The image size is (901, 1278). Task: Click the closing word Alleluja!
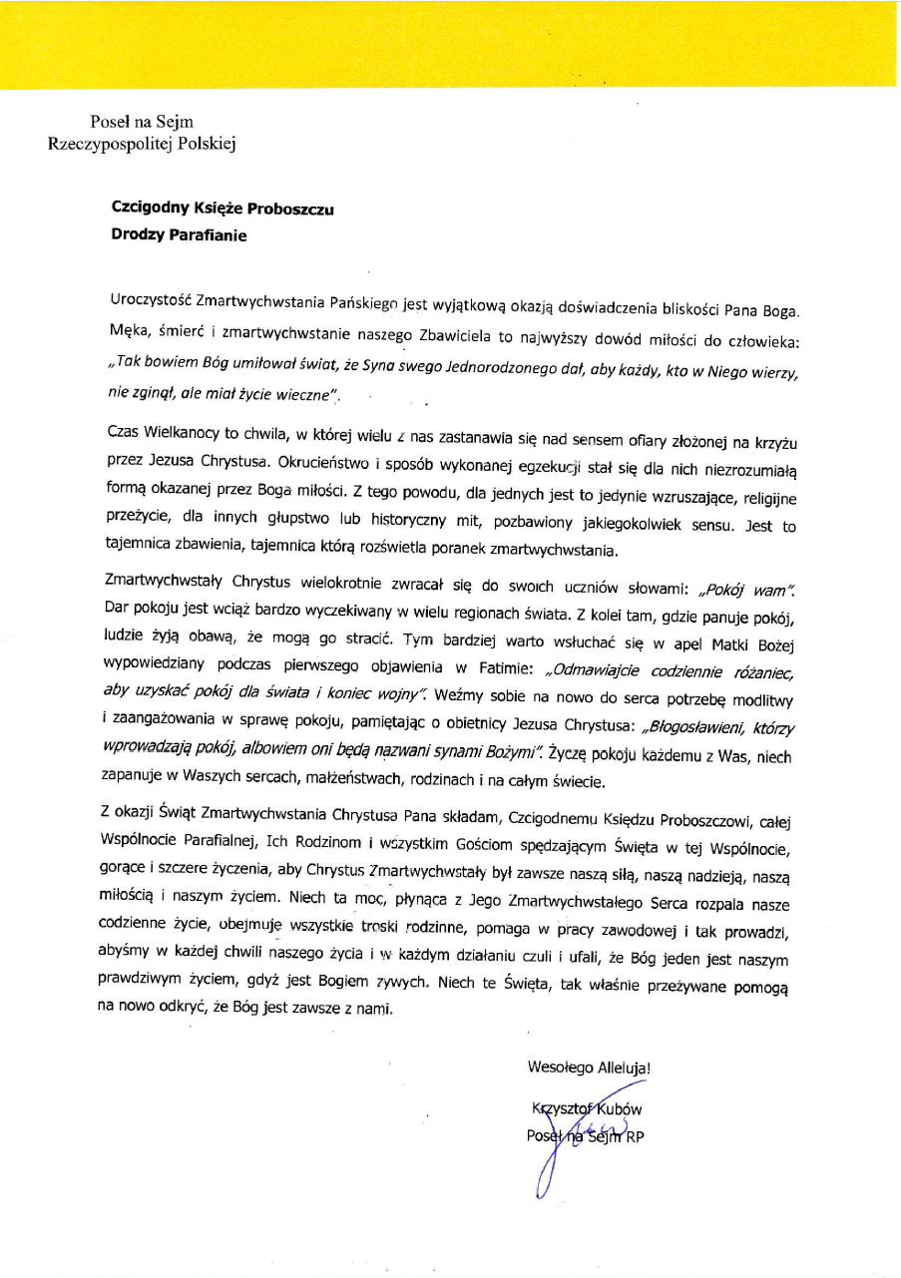(625, 1068)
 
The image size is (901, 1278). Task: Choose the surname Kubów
(622, 1108)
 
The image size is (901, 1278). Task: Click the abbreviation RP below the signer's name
(635, 1135)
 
